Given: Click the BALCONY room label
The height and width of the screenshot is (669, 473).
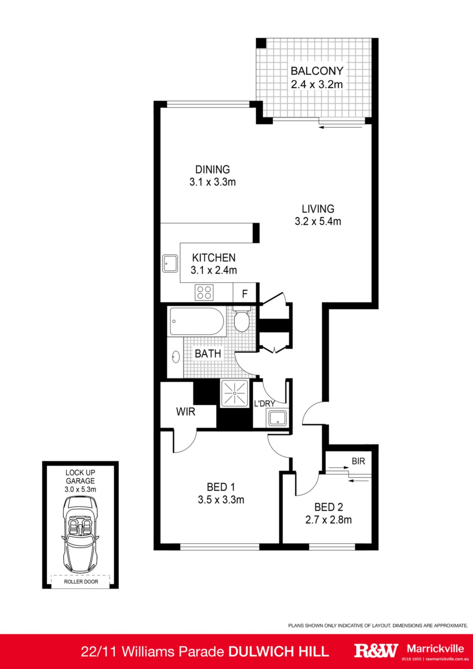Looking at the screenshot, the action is (x=317, y=71).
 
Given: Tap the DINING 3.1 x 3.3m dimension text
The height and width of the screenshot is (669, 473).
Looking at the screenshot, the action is (x=213, y=182).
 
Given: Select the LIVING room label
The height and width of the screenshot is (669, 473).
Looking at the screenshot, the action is (x=318, y=209).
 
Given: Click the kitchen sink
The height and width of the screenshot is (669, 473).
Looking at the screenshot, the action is (x=170, y=263).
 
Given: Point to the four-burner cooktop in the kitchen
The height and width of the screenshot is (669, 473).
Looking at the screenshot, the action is (x=204, y=292).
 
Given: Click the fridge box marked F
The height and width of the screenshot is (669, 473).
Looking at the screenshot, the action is (x=245, y=293).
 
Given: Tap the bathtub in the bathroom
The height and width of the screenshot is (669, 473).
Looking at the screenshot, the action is (x=196, y=321).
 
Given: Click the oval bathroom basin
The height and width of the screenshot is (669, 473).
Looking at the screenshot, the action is (x=176, y=357).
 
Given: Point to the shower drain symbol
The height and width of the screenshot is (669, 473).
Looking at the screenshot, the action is (x=235, y=393).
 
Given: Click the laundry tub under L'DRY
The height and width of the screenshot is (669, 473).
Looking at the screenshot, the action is (x=277, y=418).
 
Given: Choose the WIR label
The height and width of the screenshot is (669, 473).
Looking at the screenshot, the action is (x=185, y=412).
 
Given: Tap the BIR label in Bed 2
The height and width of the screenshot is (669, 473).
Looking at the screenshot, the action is (x=358, y=461).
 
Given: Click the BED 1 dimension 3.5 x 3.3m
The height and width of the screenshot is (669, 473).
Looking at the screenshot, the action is (x=221, y=500).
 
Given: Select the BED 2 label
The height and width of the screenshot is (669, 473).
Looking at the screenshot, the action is (x=329, y=507).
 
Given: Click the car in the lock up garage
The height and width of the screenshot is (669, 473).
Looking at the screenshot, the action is (x=81, y=534).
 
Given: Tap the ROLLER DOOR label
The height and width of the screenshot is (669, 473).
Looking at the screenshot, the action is (x=81, y=582).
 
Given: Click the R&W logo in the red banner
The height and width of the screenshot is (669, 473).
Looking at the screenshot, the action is (x=376, y=651).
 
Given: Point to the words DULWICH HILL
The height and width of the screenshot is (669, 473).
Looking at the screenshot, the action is (x=279, y=651).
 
